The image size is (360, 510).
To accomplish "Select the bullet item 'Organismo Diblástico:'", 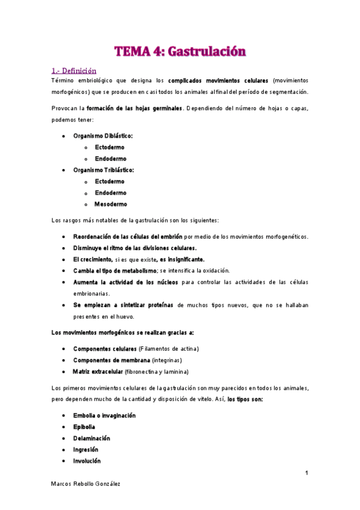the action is [103, 137].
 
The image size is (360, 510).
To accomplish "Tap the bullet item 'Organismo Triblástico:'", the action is [103, 170].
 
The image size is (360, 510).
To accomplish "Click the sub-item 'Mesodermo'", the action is [111, 204].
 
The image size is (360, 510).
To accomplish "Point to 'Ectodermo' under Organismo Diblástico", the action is [110, 147].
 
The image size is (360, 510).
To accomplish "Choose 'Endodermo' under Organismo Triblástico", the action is [111, 193].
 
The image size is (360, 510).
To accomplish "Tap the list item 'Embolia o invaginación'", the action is [104, 416].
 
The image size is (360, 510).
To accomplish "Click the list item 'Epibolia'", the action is [84, 427].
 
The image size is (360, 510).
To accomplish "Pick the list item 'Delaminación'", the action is [91, 438].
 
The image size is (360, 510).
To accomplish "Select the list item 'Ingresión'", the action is [85, 450].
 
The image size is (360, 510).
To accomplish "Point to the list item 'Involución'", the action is [87, 461].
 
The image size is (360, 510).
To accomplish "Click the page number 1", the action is [307, 473].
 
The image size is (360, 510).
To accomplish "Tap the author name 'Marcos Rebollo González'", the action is [85, 485].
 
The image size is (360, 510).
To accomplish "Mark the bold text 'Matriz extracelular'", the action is [98, 372].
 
